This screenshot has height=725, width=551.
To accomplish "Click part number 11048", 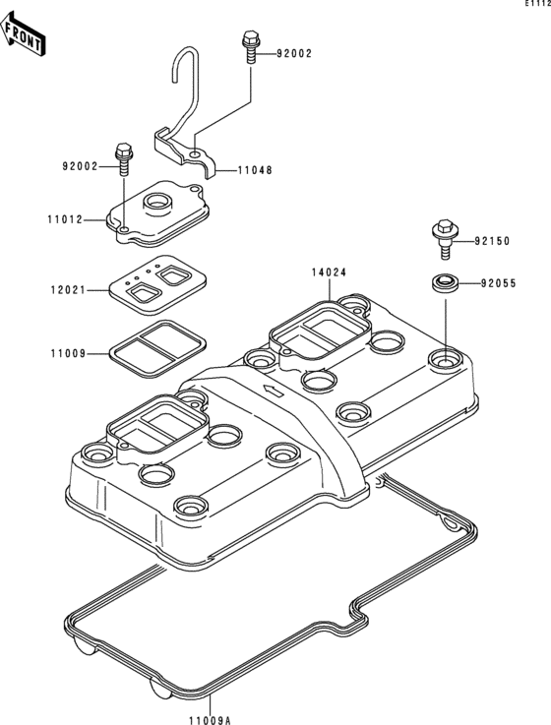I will (254, 169).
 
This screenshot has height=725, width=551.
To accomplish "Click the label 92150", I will (495, 241).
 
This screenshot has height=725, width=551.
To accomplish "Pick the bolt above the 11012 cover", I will (124, 157).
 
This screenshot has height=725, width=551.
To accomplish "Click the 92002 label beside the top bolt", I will (293, 54).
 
